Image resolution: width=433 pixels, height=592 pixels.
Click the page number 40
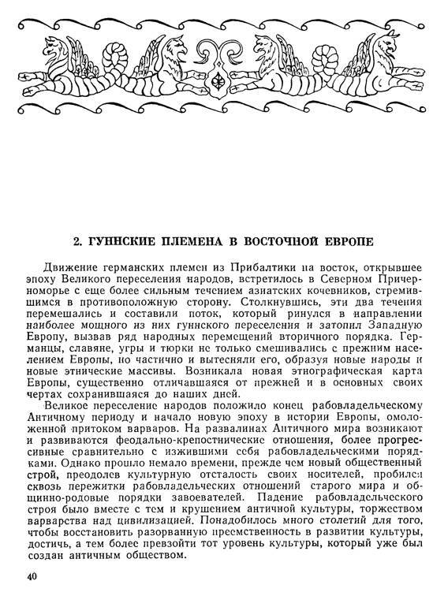click(x=32, y=576)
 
